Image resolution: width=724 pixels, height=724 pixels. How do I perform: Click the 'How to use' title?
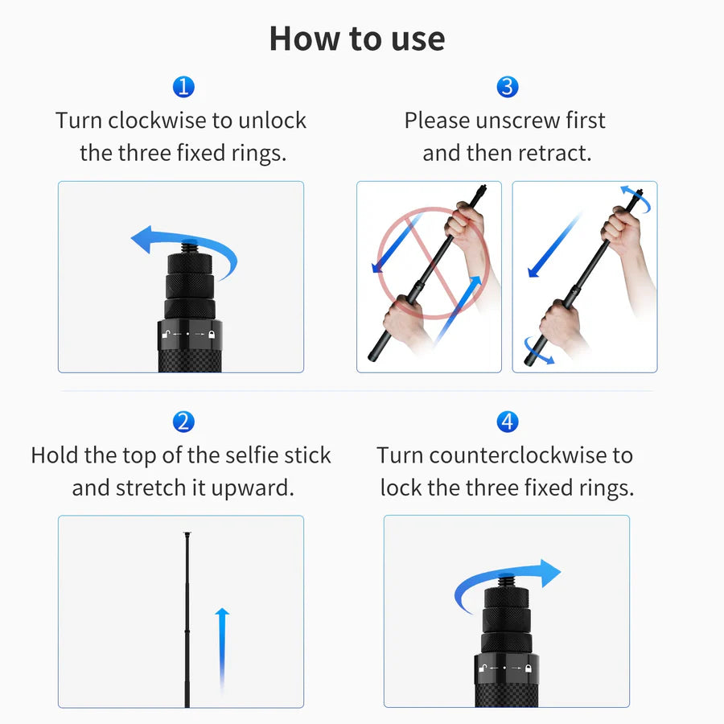click(x=356, y=39)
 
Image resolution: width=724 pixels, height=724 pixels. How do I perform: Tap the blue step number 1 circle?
click(x=183, y=87)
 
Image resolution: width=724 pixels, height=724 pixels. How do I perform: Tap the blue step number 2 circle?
click(x=183, y=421)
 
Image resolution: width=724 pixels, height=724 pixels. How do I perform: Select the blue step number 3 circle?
click(x=507, y=87)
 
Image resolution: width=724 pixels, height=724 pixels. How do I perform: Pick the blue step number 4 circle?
click(x=507, y=421)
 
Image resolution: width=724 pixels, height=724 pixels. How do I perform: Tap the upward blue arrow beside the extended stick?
click(x=222, y=644)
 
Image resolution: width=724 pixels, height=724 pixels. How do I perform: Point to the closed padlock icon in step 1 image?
click(x=212, y=332)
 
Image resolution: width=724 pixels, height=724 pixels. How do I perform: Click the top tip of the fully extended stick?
click(x=187, y=533)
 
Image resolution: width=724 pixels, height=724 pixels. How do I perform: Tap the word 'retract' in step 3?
click(x=555, y=153)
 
